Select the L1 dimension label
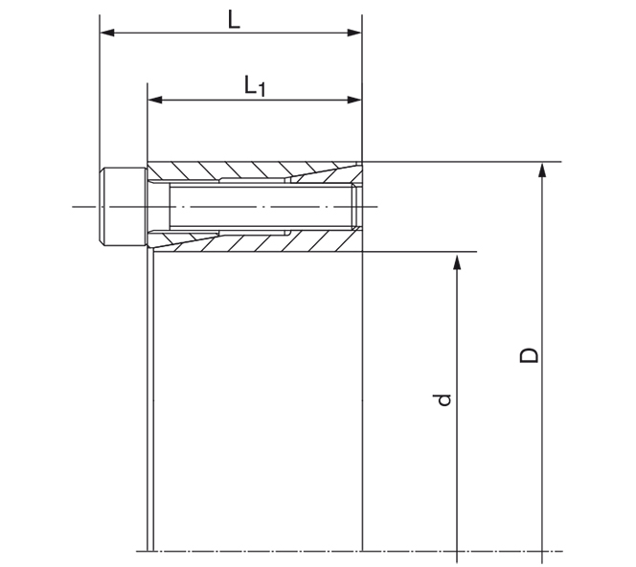point(255,86)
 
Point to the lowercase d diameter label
point(443,398)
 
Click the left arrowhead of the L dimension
point(106,33)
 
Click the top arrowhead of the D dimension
point(542,170)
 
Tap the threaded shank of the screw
point(259,206)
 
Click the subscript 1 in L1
point(261,91)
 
